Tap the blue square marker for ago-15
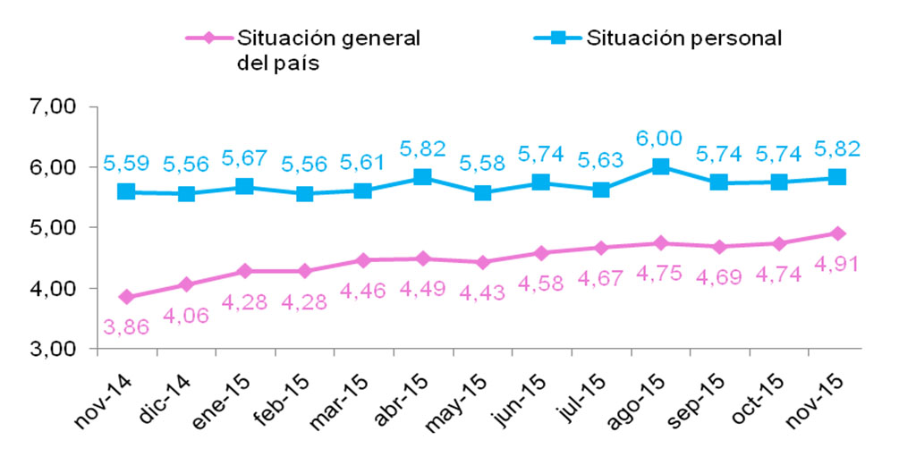click(660, 166)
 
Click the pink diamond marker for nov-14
click(127, 297)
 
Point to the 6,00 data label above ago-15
click(660, 139)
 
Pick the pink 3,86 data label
click(125, 327)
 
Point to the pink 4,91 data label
click(836, 265)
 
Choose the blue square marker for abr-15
click(423, 176)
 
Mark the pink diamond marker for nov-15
click(837, 233)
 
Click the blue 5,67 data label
click(245, 157)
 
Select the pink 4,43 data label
click(482, 292)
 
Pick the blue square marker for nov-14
click(126, 191)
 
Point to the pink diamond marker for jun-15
click(542, 253)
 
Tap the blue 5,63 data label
click(600, 160)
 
